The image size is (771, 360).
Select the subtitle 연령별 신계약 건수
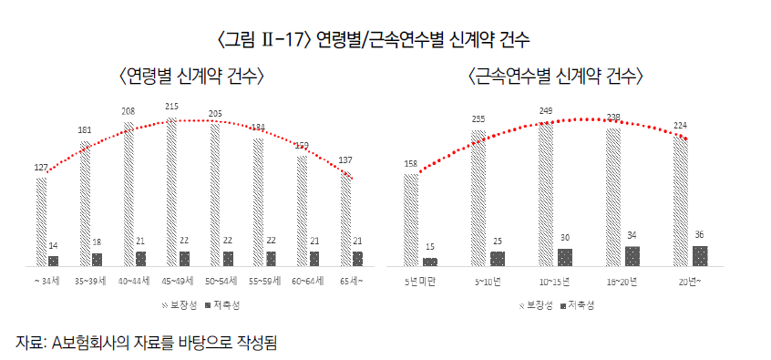191,76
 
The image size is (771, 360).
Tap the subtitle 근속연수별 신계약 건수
555,76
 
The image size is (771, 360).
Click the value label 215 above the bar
171,107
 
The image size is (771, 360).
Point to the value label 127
40,167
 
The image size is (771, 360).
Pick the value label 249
545,110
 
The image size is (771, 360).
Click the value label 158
410,164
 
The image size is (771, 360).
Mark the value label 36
700,234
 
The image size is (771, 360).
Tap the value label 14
53,246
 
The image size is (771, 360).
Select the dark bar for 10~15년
565,257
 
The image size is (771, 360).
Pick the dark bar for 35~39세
97,260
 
